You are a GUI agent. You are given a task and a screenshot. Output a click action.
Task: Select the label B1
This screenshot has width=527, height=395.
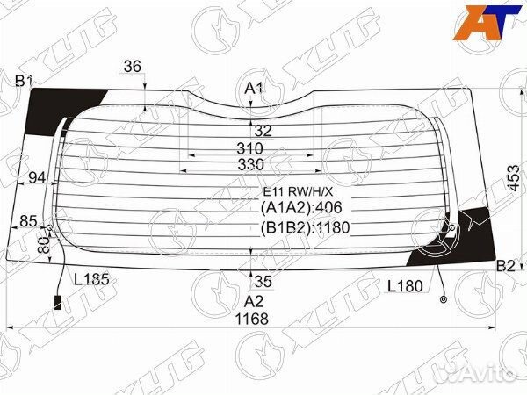coord(24,82)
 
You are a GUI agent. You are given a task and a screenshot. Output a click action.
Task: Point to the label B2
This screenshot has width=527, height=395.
coord(506,266)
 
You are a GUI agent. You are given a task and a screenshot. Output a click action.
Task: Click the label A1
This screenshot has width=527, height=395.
coord(253,89)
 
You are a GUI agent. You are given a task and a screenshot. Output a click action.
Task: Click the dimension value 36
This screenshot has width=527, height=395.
coord(133,66)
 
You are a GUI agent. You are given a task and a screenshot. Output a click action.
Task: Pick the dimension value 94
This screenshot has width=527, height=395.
coord(36,178)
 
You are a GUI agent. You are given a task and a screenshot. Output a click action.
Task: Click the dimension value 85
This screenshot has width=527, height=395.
coord(28,220)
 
